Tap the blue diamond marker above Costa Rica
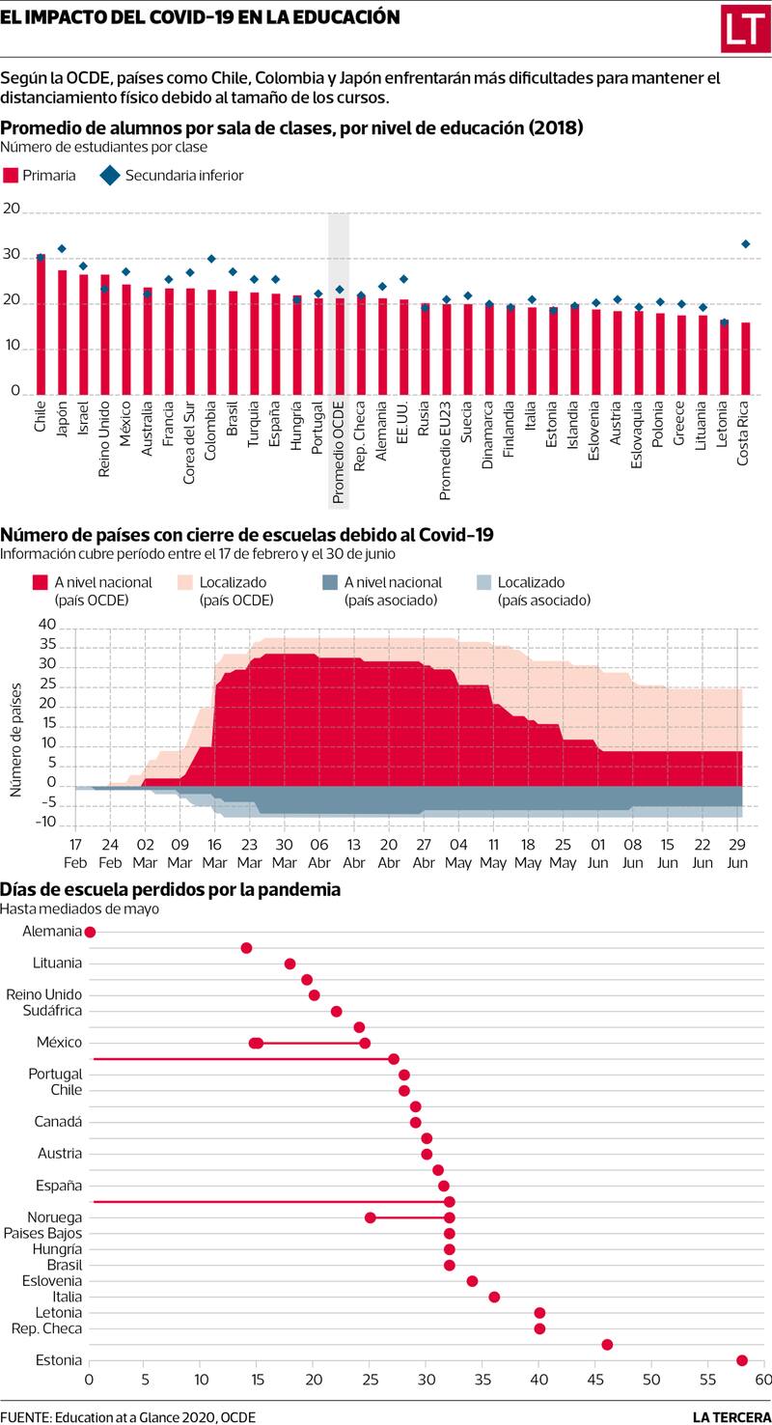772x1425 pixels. [x=745, y=244]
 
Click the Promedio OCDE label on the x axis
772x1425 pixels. [x=339, y=452]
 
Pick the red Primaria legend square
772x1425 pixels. [x=12, y=175]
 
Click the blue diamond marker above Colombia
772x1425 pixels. [x=211, y=259]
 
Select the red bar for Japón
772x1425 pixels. [x=62, y=333]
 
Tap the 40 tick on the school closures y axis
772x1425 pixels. [x=48, y=626]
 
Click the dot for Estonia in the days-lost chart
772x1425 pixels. [x=741, y=1360]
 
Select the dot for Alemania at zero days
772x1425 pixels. [x=90, y=932]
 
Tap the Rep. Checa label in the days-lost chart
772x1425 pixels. [x=46, y=1328]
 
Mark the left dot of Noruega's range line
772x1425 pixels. [x=371, y=1217]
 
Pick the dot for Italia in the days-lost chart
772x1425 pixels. [x=494, y=1297]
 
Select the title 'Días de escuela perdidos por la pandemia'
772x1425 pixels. [x=170, y=888]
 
